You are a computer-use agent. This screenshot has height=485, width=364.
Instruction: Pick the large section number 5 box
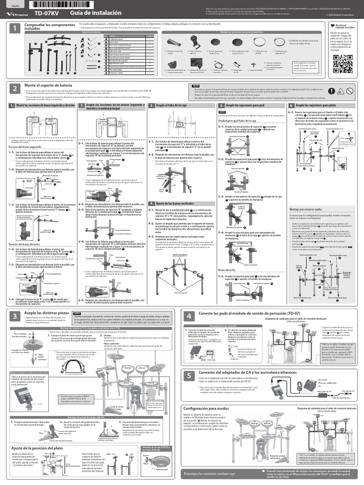189,376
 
